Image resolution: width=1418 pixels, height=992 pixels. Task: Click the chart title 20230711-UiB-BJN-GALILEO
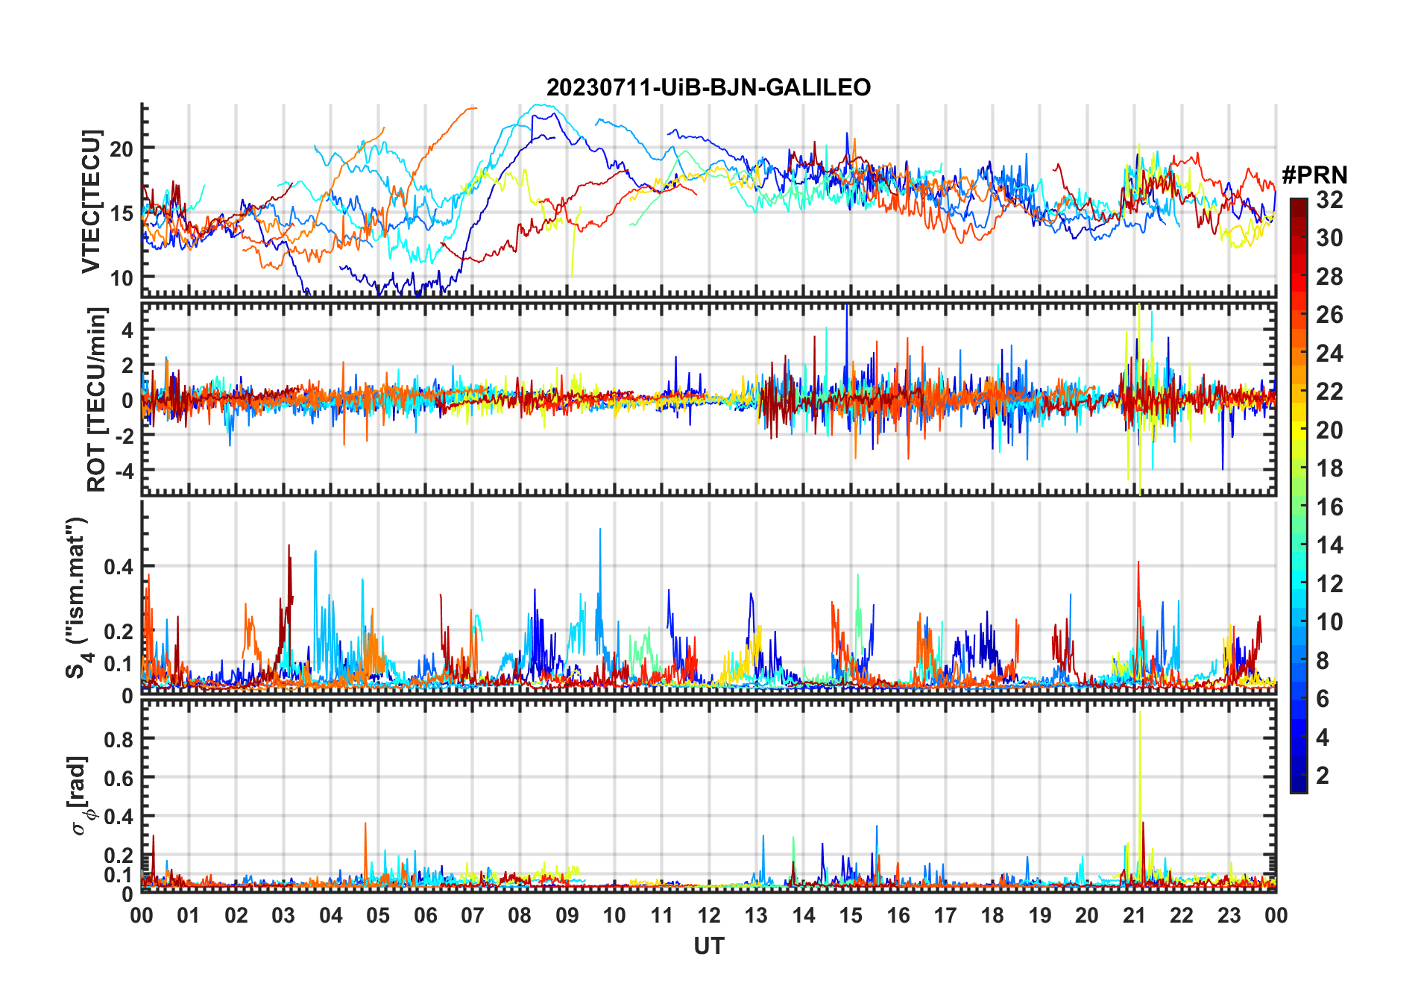click(x=708, y=88)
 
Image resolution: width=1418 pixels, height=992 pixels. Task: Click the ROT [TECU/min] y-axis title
click(x=97, y=399)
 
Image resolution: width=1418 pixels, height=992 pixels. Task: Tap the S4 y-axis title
click(x=77, y=598)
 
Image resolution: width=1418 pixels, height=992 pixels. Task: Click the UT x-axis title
click(x=708, y=947)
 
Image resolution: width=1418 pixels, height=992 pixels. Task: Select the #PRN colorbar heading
click(x=1314, y=175)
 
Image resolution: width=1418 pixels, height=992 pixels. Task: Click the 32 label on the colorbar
click(x=1329, y=200)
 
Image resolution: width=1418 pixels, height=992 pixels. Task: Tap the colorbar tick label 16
click(x=1329, y=507)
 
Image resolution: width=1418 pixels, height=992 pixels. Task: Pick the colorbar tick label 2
click(x=1323, y=776)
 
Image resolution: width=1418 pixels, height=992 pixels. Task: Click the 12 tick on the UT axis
click(x=709, y=915)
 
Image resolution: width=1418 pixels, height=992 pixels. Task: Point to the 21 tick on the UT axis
click(x=1134, y=915)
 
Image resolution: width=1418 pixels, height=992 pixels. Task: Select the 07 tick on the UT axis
click(x=473, y=915)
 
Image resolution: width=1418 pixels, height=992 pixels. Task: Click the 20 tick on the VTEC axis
click(x=122, y=148)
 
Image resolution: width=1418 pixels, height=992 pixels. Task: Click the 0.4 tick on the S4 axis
click(x=118, y=566)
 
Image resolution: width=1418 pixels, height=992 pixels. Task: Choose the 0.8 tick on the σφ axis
click(x=118, y=739)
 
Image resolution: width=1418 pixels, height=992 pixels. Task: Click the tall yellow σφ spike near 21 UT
click(x=1139, y=716)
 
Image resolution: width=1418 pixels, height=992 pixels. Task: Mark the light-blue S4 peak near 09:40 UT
click(x=600, y=531)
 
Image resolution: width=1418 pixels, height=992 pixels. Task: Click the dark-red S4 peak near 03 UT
click(x=289, y=547)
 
